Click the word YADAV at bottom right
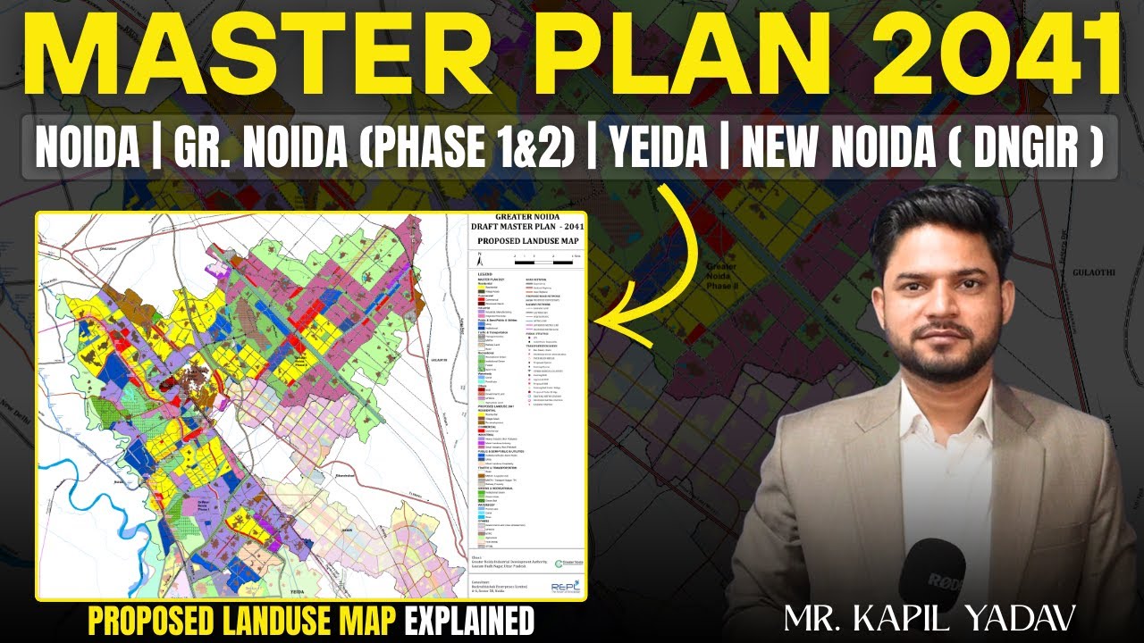(x=1029, y=615)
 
